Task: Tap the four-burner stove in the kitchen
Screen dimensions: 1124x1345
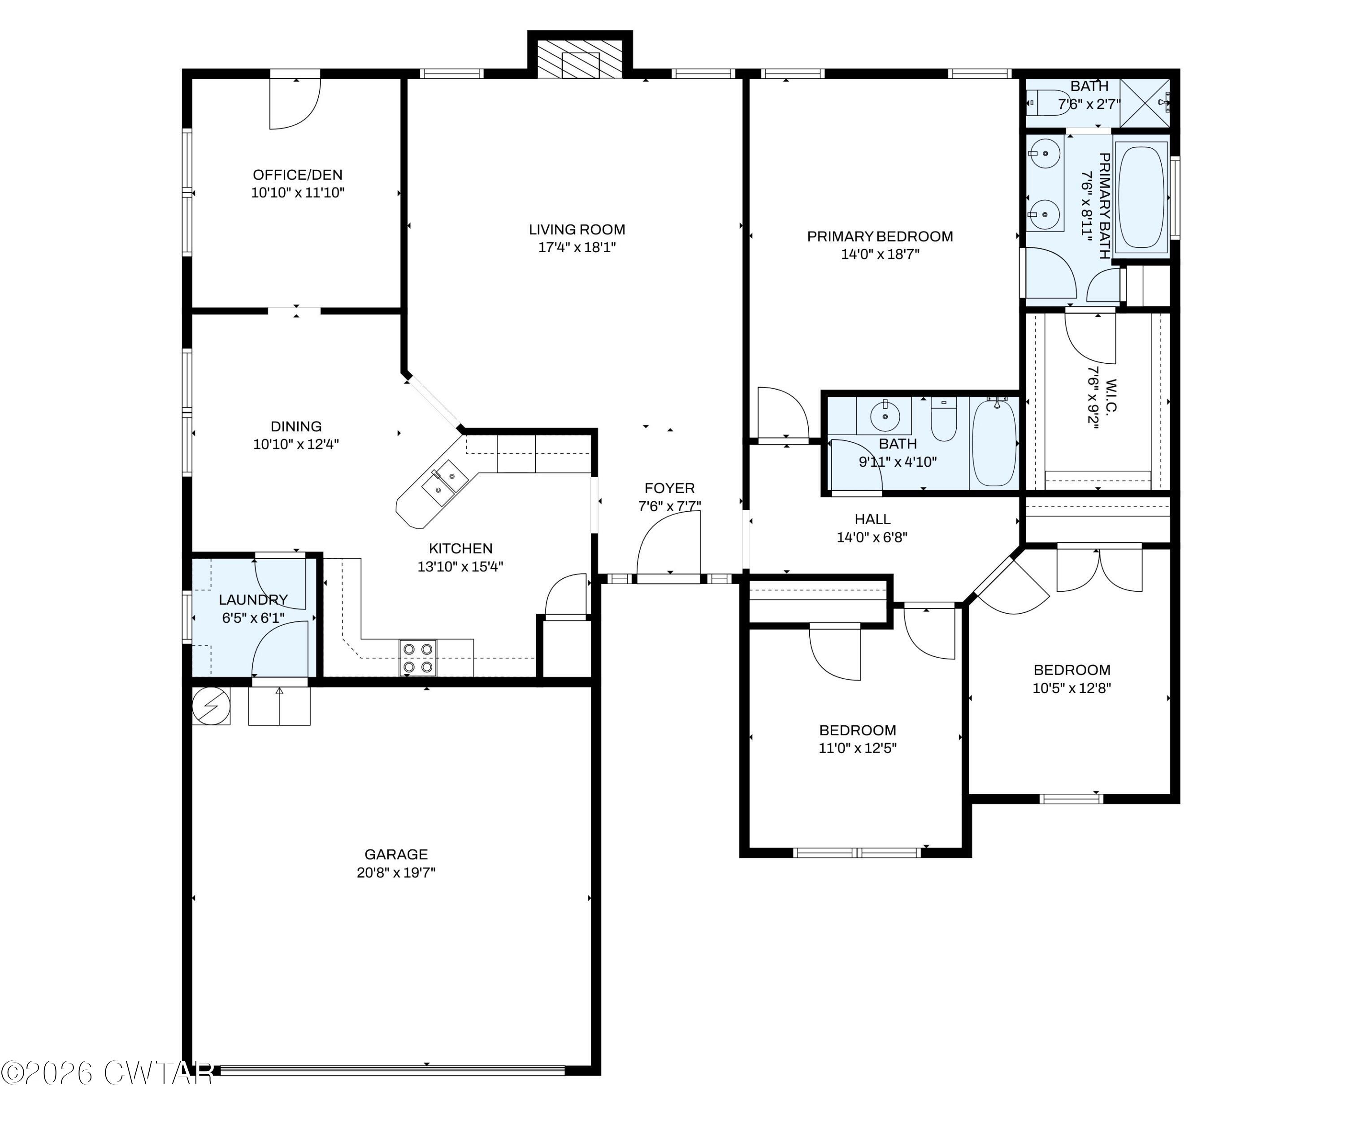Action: (417, 658)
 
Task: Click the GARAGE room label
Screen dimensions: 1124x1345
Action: (396, 854)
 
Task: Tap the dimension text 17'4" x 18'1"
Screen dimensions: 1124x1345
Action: (577, 247)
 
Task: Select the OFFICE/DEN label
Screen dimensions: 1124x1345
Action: (297, 175)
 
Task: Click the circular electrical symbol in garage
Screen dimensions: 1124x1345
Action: (211, 706)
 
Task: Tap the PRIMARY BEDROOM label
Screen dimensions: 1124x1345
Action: (879, 236)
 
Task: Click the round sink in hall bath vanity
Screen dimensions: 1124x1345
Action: (885, 417)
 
